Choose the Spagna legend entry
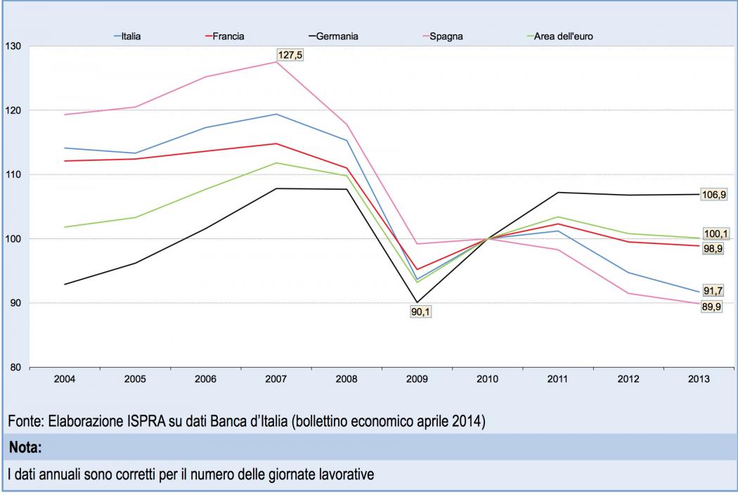446,36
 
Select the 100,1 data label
715,234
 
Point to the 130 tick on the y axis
13,46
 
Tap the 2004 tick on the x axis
65,379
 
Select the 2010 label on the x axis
487,379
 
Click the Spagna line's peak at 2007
276,62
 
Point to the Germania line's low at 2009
417,302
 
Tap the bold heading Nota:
25,447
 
